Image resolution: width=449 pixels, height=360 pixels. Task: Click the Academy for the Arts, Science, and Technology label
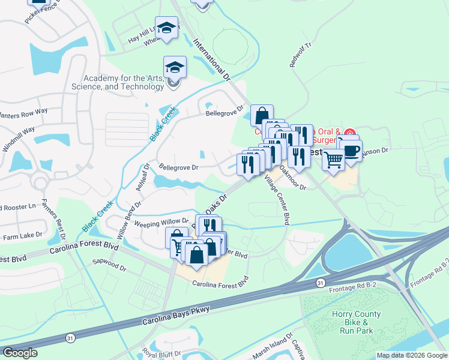pyautogui.click(x=124, y=82)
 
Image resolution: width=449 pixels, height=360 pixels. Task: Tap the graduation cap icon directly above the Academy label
pyautogui.click(x=175, y=67)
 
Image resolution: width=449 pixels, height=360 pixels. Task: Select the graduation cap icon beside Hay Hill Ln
pyautogui.click(x=166, y=27)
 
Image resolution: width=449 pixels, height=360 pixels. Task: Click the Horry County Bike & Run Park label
pyautogui.click(x=356, y=322)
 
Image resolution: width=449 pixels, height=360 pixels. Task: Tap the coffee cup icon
pyautogui.click(x=351, y=150)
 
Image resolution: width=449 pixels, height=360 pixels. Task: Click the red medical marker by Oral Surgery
pyautogui.click(x=351, y=132)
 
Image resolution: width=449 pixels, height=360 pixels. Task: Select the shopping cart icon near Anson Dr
pyautogui.click(x=334, y=160)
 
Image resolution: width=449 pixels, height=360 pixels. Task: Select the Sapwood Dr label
pyautogui.click(x=107, y=262)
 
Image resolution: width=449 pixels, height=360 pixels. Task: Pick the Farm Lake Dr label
pyautogui.click(x=23, y=236)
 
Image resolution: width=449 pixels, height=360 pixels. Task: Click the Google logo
pyautogui.click(x=20, y=352)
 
